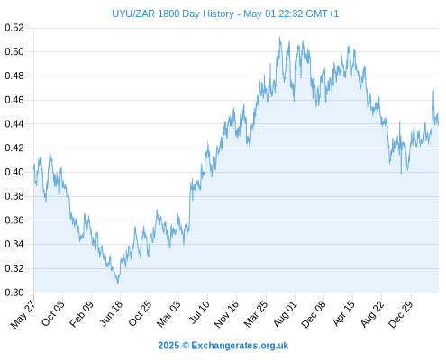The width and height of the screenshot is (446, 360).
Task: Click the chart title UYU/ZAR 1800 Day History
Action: [x=173, y=13]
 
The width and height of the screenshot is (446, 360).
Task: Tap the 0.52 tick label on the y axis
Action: [x=14, y=28]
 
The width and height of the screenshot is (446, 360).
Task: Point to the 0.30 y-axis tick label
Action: [x=14, y=292]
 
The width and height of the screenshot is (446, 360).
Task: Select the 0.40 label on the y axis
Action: [x=14, y=172]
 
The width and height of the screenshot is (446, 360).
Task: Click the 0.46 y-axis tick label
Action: [x=14, y=100]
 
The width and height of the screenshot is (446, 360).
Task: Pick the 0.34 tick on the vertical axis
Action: [x=14, y=244]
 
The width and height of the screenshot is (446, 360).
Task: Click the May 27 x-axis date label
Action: [x=23, y=314]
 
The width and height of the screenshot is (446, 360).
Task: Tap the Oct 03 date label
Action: [x=53, y=313]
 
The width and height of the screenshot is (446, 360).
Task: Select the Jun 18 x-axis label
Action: [x=111, y=313]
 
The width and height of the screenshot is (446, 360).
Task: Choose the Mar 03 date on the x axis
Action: [x=168, y=314]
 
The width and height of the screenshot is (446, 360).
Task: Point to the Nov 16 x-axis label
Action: [x=226, y=314]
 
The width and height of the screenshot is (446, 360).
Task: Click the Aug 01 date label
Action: [x=285, y=314]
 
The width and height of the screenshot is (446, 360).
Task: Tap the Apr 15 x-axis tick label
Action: [x=343, y=313]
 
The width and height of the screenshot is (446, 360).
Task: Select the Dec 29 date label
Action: [x=401, y=314]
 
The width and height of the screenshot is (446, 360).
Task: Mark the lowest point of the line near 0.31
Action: [x=118, y=283]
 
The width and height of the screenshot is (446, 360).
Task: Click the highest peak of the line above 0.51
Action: [x=279, y=38]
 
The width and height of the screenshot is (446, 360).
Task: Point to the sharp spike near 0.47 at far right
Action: [x=433, y=90]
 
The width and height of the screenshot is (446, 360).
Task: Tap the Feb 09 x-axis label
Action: [x=81, y=314]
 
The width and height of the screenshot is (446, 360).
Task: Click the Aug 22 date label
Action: [x=372, y=314]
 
